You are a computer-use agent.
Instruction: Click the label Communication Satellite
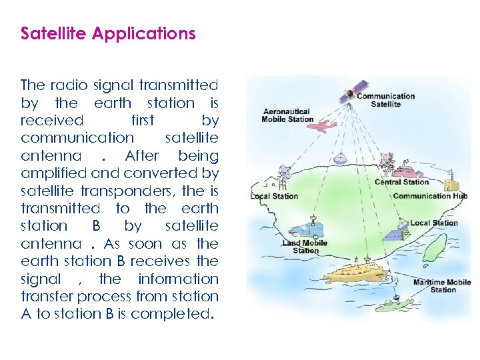pos(385,100)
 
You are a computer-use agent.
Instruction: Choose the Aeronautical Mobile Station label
pos(287,115)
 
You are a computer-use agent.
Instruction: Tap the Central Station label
pos(401,182)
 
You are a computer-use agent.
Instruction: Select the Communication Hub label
pos(430,196)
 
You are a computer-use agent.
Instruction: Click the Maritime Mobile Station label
pos(442,286)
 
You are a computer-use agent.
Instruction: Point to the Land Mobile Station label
pos(305,247)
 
